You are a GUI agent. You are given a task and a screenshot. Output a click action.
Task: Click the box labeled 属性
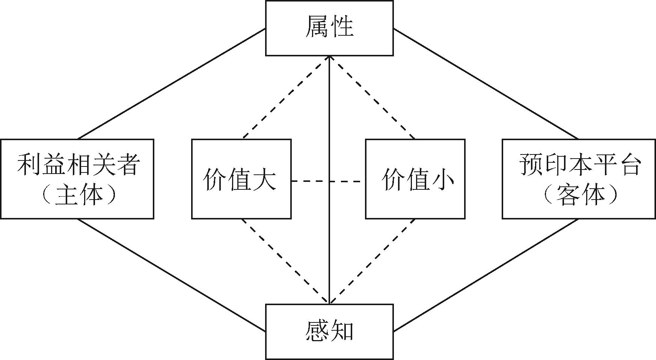[329, 28]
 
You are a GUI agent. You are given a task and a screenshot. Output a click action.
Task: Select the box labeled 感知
[329, 331]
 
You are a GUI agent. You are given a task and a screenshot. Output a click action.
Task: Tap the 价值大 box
[241, 179]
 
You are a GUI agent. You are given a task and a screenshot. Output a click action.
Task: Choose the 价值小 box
[415, 179]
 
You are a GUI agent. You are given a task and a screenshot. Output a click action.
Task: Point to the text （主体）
[78, 195]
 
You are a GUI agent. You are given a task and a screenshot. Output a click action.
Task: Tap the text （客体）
[579, 195]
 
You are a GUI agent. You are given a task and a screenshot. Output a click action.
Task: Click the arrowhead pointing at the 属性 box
[329, 59]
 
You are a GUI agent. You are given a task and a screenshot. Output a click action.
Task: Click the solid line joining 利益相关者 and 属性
[172, 84]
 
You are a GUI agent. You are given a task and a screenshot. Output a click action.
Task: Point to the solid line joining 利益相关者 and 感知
[172, 275]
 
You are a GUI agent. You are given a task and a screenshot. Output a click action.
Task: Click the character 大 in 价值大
[265, 180]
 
